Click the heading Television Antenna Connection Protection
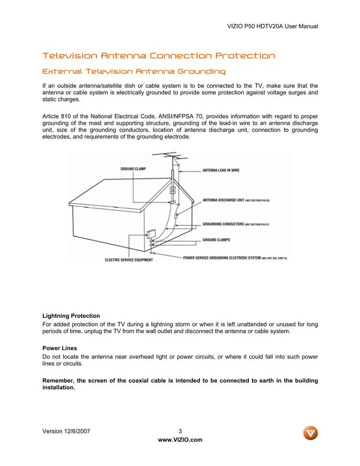pos(158,56)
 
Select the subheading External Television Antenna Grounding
pos(134,72)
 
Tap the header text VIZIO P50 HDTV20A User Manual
pos(274,26)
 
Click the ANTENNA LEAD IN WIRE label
pos(220,170)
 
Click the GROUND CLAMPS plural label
pos(216,240)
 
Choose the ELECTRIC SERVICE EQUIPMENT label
pos(129,260)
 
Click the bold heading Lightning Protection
pos(71,316)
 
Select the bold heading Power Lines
pos(59,348)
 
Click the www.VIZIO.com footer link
pos(180,440)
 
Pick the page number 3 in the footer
pos(180,431)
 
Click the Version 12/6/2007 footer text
pos(66,431)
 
